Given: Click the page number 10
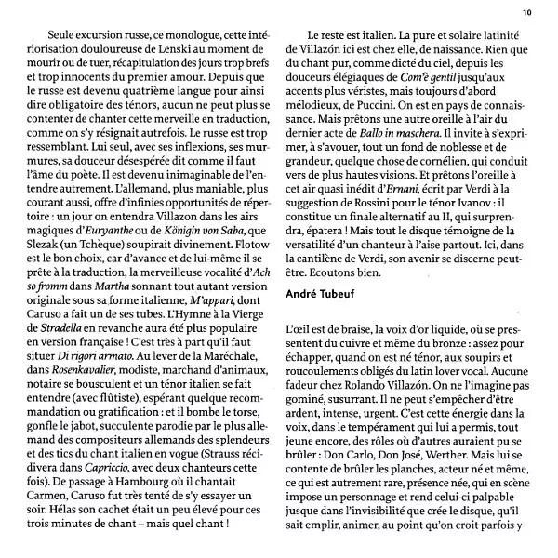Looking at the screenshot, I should point(527,12).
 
